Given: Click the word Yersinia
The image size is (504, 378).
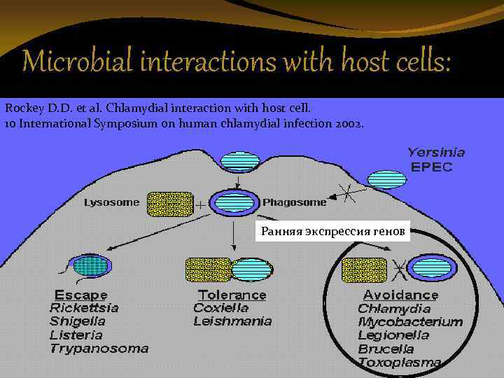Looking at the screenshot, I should pyautogui.click(x=436, y=152).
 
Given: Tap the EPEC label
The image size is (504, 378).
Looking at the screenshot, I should pyautogui.click(x=431, y=167).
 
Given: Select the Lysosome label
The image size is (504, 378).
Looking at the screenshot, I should pyautogui.click(x=111, y=203).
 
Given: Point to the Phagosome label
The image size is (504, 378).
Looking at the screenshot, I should pyautogui.click(x=294, y=203).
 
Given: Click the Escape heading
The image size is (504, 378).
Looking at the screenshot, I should pyautogui.click(x=80, y=295).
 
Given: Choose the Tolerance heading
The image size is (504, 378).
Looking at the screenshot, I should pyautogui.click(x=232, y=295).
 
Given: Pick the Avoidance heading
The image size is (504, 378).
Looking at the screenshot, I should pyautogui.click(x=400, y=295).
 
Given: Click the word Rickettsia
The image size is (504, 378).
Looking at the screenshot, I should pyautogui.click(x=84, y=308).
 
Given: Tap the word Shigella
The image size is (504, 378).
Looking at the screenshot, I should pyautogui.click(x=77, y=321).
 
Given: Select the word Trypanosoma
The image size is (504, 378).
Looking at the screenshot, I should pyautogui.click(x=99, y=348).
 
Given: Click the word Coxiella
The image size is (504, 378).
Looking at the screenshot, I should pyautogui.click(x=220, y=308).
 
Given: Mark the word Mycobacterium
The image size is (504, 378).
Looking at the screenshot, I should pyautogui.click(x=410, y=322).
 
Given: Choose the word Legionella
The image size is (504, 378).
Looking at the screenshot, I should pyautogui.click(x=393, y=335).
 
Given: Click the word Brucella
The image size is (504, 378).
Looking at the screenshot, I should pyautogui.click(x=386, y=349).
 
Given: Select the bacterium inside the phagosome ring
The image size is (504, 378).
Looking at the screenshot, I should pyautogui.click(x=234, y=202).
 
